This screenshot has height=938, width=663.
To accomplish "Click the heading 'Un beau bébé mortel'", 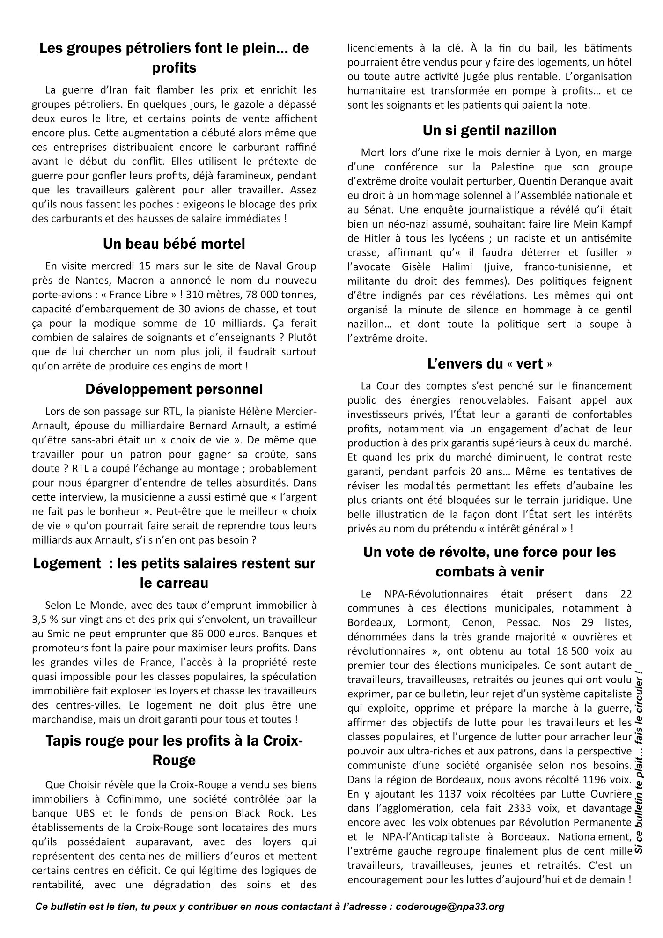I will coord(174,244).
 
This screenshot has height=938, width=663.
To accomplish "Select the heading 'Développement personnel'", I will coord(174,389).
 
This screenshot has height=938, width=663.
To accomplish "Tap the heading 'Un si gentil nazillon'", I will coord(489,130).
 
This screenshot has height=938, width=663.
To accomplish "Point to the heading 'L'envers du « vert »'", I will coord(489,364).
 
